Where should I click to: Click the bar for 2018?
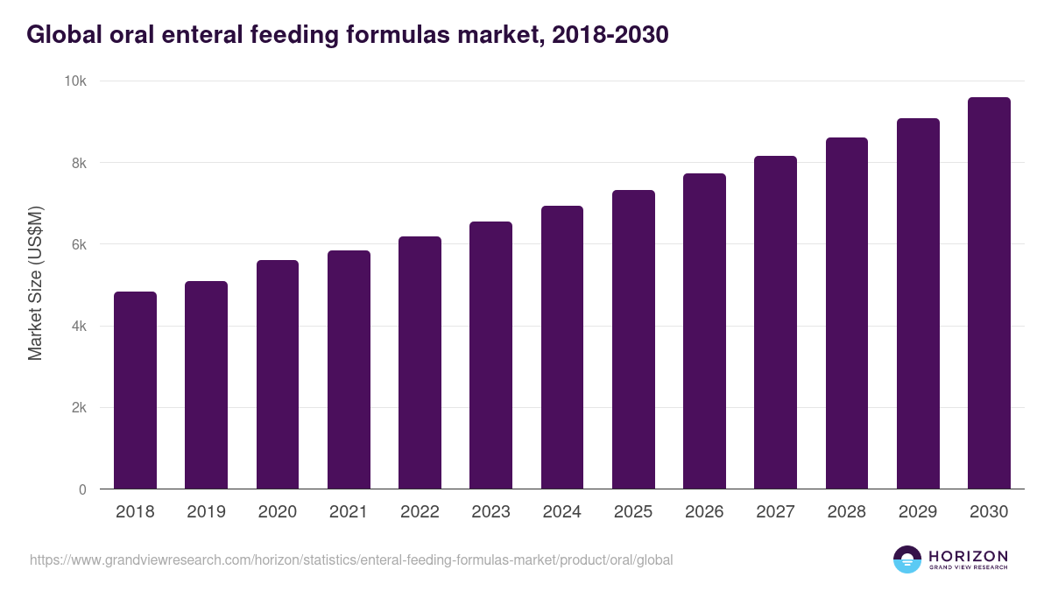[135, 390]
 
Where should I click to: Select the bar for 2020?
[278, 375]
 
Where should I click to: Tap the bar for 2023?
[490, 355]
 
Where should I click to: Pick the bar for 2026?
[704, 331]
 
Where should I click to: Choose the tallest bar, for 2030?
[989, 293]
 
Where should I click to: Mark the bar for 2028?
[847, 313]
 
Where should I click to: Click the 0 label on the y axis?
[82, 490]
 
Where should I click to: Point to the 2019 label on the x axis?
[207, 512]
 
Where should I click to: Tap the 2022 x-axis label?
[420, 512]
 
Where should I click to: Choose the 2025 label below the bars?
[633, 512]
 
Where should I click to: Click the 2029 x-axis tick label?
[918, 512]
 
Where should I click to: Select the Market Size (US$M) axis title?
[35, 285]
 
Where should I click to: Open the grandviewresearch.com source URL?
[351, 559]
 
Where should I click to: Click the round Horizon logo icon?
[907, 559]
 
